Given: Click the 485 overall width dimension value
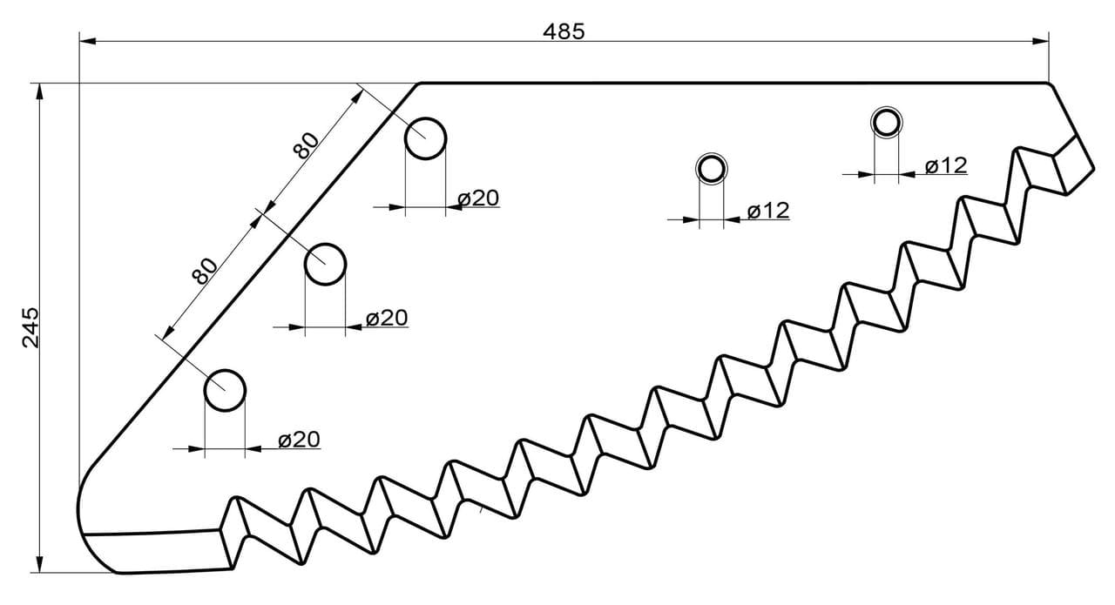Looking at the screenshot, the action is point(564,32).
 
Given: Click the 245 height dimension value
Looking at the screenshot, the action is point(30,327).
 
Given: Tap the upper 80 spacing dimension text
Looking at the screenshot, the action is point(306,145).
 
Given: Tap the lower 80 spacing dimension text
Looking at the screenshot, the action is point(205,271).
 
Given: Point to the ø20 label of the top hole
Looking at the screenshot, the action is point(478,198).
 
